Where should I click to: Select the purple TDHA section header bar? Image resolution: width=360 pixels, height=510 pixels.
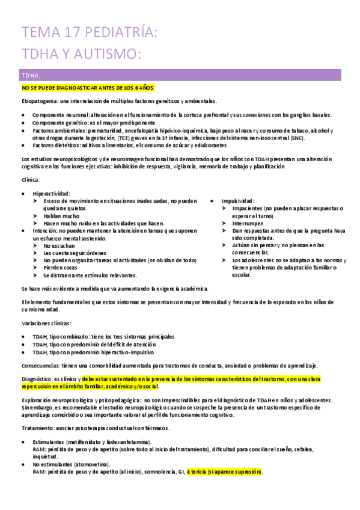(x=180, y=75)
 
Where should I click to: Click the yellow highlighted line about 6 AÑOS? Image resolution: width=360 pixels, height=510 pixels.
(x=88, y=88)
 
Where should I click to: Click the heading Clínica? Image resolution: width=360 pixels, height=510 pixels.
(x=30, y=179)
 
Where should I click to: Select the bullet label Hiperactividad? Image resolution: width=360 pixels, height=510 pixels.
(x=51, y=193)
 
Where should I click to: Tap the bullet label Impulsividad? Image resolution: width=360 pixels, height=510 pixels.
(x=238, y=200)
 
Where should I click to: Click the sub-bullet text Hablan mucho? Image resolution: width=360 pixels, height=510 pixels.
(x=61, y=215)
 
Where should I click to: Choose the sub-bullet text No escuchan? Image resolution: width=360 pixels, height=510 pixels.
(x=59, y=245)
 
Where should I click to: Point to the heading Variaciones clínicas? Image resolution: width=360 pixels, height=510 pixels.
(x=46, y=323)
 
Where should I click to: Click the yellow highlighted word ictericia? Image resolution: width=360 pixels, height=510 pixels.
(x=199, y=472)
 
